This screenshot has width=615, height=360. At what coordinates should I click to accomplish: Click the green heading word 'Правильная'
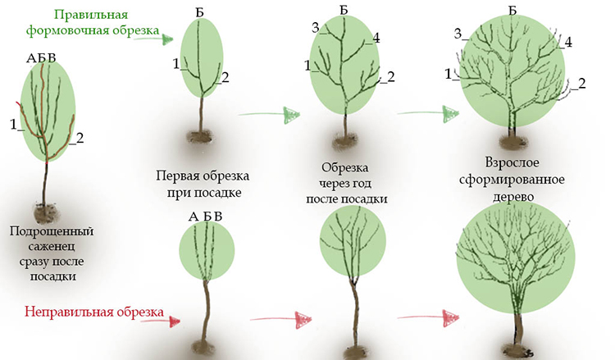pos(91,15)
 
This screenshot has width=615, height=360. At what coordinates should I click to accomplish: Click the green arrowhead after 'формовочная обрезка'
pos(167,39)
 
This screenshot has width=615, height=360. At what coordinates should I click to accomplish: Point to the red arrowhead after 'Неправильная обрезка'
pos(174,321)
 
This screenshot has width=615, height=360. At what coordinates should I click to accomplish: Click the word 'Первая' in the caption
pos(177,175)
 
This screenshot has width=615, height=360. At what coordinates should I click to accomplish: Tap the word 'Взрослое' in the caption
pos(512,162)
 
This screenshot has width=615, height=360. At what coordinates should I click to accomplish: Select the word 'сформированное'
pos(512,180)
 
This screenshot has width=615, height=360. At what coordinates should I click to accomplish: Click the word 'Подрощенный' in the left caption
pos(52,231)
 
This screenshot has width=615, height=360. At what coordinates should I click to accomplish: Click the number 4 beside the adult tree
pos(567,42)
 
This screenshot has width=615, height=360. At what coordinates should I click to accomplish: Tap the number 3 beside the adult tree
pos(458,34)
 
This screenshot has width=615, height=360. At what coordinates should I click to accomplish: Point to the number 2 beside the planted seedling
pos(80,138)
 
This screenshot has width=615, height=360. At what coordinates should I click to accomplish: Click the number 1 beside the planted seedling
pos(14,125)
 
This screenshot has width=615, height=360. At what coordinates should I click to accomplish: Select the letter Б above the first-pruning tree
pos(199,13)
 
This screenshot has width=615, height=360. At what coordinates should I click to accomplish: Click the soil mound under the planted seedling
pos(46,214)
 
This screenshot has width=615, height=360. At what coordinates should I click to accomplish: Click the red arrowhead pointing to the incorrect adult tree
pos(451,317)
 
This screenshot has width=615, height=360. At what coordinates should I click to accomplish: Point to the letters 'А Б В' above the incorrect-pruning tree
pos(206,216)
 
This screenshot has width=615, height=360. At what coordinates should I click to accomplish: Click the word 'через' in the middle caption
pos(344,184)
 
